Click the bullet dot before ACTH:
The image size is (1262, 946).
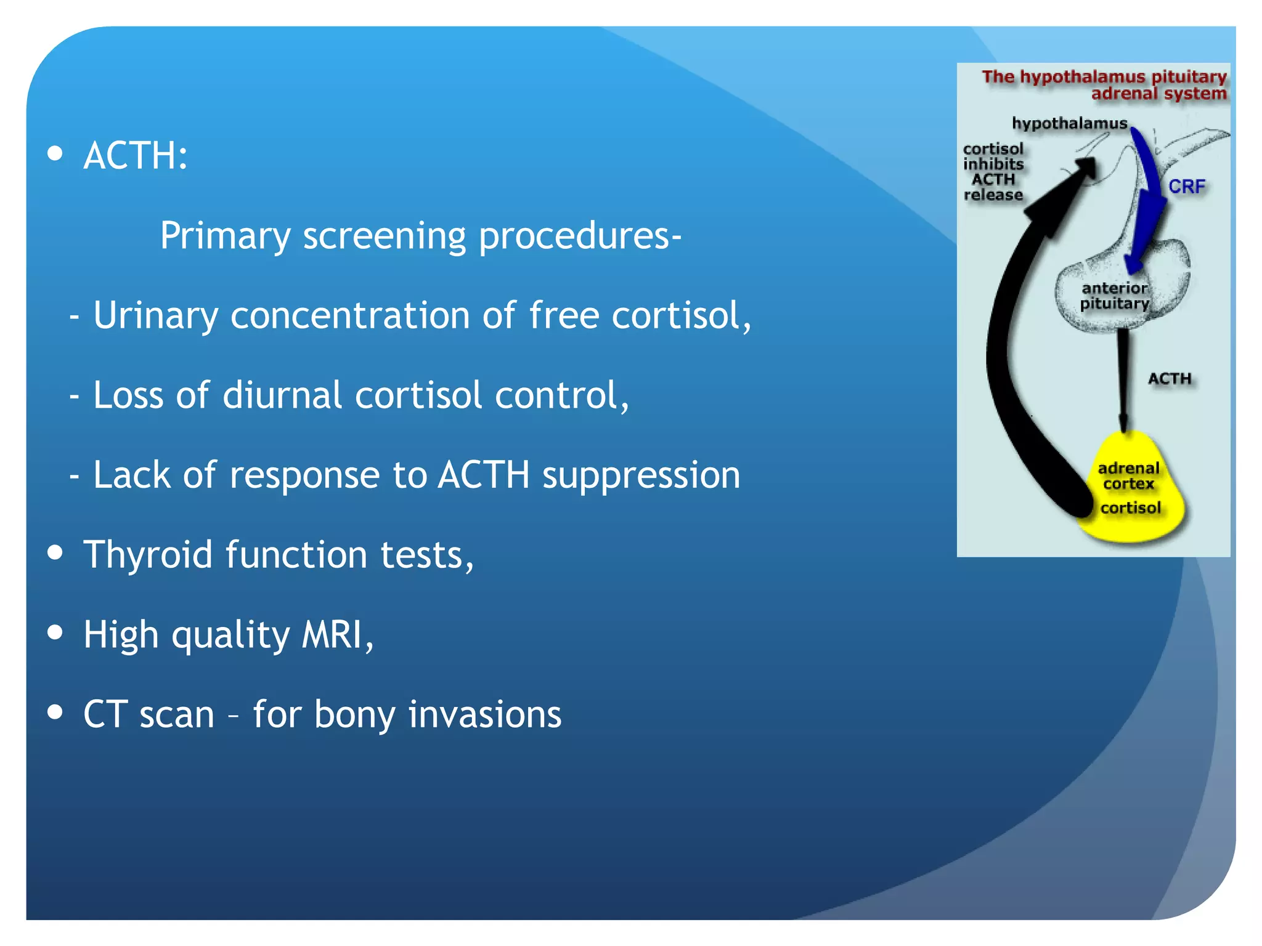coord(55,153)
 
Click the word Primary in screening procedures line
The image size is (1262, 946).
coord(225,236)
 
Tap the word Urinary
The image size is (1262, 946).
coord(155,316)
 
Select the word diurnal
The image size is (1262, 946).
coord(282,395)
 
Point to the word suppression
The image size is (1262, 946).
coord(641,475)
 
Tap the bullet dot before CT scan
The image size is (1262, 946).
coord(55,712)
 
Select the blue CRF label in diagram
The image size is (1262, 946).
coord(1186,187)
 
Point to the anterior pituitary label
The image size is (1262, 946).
coord(1114,296)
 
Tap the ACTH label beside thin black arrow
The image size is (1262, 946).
coord(1169,379)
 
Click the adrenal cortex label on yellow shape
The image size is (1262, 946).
coord(1128,475)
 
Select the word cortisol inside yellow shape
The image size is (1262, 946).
coord(1130,508)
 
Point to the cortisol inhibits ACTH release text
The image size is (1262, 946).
coord(993,172)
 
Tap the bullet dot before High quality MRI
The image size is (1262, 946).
coord(55,633)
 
